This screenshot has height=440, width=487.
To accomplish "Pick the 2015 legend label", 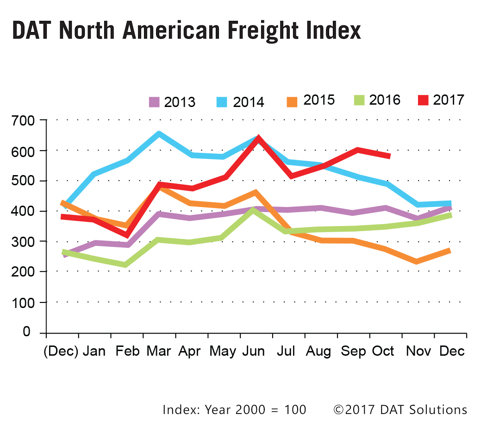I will [x=319, y=100].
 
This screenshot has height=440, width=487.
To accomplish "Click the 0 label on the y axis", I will [x=26, y=333].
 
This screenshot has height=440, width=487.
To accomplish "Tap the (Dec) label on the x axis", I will [x=61, y=351].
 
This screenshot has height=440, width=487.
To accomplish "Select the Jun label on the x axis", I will [x=254, y=351].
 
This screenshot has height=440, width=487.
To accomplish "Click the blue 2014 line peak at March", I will [x=159, y=134].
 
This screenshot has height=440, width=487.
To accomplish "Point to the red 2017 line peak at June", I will [x=257, y=138].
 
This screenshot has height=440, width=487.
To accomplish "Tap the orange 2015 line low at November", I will [x=417, y=262].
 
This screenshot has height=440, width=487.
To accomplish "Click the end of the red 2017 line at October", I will [x=389, y=156].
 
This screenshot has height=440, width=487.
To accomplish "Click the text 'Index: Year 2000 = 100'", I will [x=234, y=409].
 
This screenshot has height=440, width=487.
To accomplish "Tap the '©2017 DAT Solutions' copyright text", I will [x=400, y=409].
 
